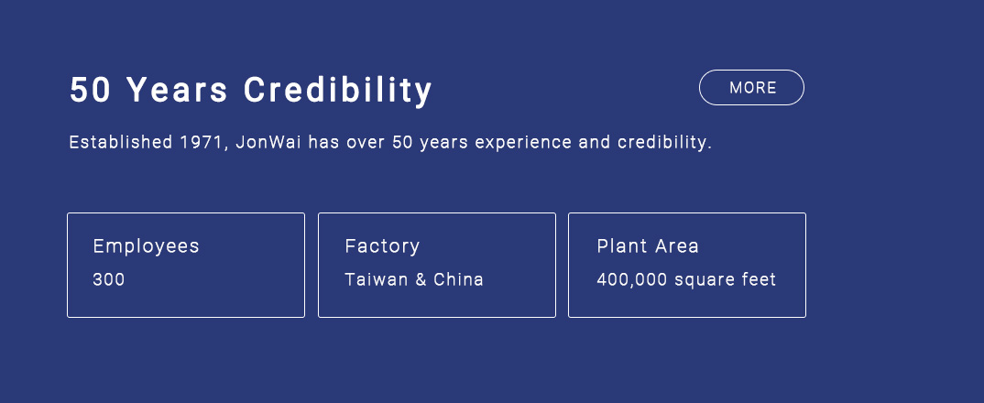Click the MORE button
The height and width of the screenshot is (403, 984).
coord(751,87)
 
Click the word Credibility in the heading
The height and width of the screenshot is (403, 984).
coord(338,91)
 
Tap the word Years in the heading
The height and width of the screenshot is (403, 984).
coord(178,90)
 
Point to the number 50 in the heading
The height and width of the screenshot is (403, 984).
coord(91,90)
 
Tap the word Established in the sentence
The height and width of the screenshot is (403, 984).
coord(121,143)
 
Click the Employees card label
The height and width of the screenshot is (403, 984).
coord(147,246)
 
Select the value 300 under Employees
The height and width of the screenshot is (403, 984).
coord(109,279)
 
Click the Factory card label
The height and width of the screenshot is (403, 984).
coord(382,246)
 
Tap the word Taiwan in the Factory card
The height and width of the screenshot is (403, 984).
coord(377,279)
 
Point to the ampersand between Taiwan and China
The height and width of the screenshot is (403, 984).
coord(421,279)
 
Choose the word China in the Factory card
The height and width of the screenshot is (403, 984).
coord(459,279)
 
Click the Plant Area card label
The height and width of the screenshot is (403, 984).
coord(648,246)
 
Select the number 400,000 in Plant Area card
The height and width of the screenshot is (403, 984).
coord(632,280)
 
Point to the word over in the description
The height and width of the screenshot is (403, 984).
coord(366,144)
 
